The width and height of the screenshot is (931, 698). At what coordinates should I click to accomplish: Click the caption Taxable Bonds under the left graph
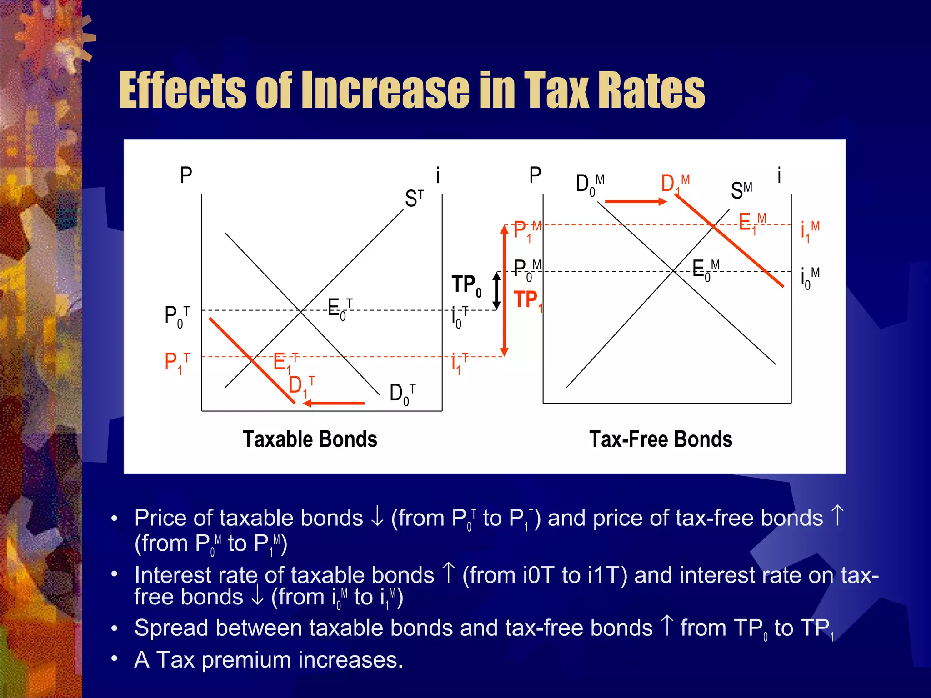click(x=310, y=439)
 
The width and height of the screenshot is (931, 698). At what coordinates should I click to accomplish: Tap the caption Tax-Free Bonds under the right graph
click(x=661, y=439)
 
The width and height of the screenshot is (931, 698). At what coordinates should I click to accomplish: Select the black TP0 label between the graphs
click(x=466, y=285)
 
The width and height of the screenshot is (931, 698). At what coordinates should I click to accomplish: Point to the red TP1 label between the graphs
click(x=528, y=301)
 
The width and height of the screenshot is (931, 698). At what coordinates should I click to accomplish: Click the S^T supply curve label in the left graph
click(x=414, y=199)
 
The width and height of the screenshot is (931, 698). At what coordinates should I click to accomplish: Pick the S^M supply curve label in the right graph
click(x=741, y=190)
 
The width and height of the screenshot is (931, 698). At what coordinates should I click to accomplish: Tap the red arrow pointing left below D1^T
click(x=334, y=403)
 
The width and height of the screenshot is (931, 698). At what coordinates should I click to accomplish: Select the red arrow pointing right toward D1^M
click(x=636, y=201)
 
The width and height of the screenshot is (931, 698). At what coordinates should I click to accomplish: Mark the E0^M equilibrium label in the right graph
click(x=705, y=269)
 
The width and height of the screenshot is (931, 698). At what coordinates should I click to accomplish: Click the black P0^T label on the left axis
click(x=177, y=316)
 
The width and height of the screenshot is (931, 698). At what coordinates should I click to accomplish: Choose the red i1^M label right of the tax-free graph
click(x=810, y=231)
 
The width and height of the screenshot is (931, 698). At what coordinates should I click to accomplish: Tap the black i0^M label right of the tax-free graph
click(x=810, y=278)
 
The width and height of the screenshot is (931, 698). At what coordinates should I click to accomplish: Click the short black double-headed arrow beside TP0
click(x=497, y=290)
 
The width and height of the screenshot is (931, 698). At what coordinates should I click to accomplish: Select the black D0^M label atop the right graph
click(x=590, y=184)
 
